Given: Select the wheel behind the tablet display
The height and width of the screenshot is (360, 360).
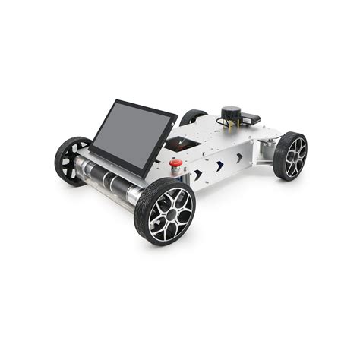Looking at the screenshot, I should point(72,159).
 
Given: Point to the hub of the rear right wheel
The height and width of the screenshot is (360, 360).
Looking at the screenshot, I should point(292,155).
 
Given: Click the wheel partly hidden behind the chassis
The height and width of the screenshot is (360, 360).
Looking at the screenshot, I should point(192,118).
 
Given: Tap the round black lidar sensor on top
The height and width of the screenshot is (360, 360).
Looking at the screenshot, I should point(229,115).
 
